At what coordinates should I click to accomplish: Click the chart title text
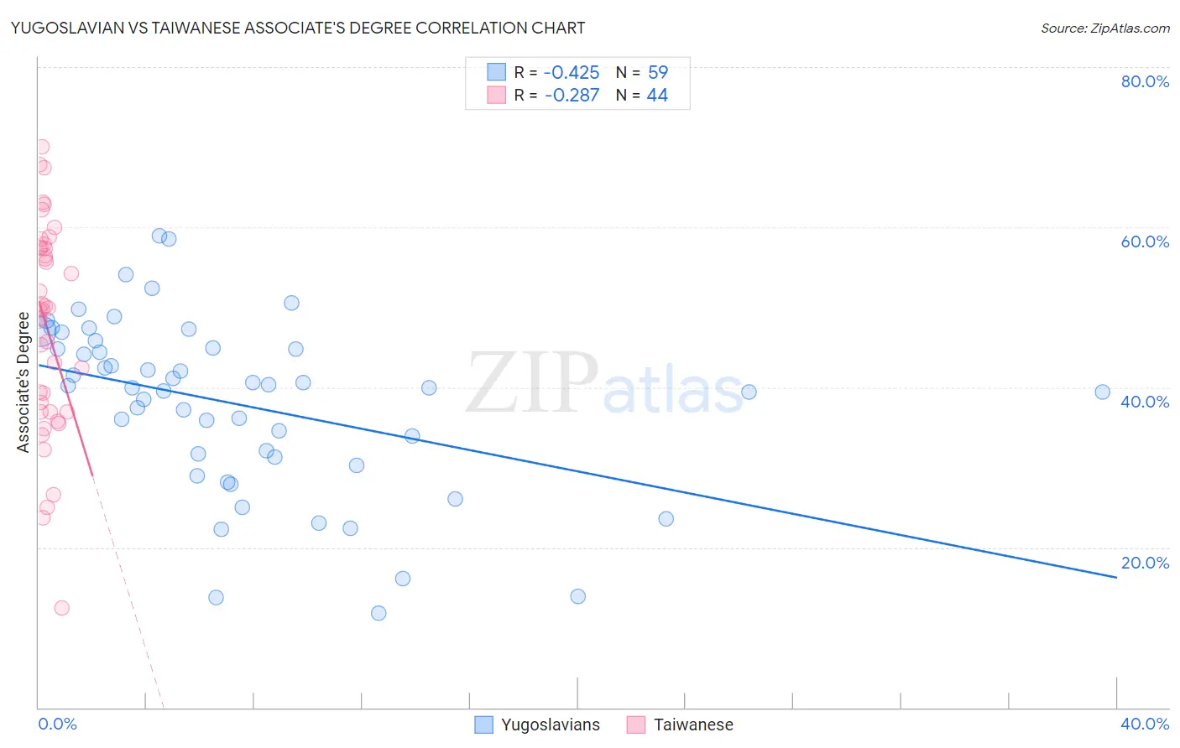298,28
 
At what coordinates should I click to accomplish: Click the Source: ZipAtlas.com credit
1104,28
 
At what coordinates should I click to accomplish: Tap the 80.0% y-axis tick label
1145,81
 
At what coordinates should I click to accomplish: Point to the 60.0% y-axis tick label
1145,242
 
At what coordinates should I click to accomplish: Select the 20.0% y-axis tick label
1145,563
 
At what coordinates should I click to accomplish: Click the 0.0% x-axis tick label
57,724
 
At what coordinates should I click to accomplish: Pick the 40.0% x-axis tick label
1145,724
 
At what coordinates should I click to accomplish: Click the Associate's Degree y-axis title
23,382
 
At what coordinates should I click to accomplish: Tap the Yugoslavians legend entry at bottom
538,725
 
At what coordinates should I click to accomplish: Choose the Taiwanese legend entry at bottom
681,725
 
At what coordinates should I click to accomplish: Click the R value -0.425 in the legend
572,72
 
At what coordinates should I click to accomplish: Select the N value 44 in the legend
657,96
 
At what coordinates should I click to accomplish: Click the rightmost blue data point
1102,392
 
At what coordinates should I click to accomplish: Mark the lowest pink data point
61,608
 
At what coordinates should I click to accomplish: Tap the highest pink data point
42,147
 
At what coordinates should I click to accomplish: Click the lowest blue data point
379,613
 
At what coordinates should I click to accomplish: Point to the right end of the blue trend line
1116,577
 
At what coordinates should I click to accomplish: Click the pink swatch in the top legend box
497,95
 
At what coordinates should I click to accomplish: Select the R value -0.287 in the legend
572,96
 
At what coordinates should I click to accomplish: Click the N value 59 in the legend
658,72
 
